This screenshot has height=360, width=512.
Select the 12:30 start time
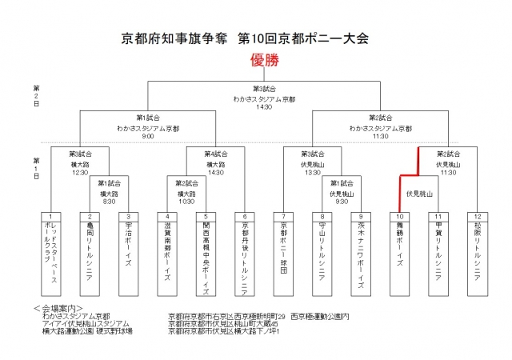click(78, 171)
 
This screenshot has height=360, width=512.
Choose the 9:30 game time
click(341, 202)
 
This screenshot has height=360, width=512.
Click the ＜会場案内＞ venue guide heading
click(59, 306)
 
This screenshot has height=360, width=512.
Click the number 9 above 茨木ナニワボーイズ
click(361, 216)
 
